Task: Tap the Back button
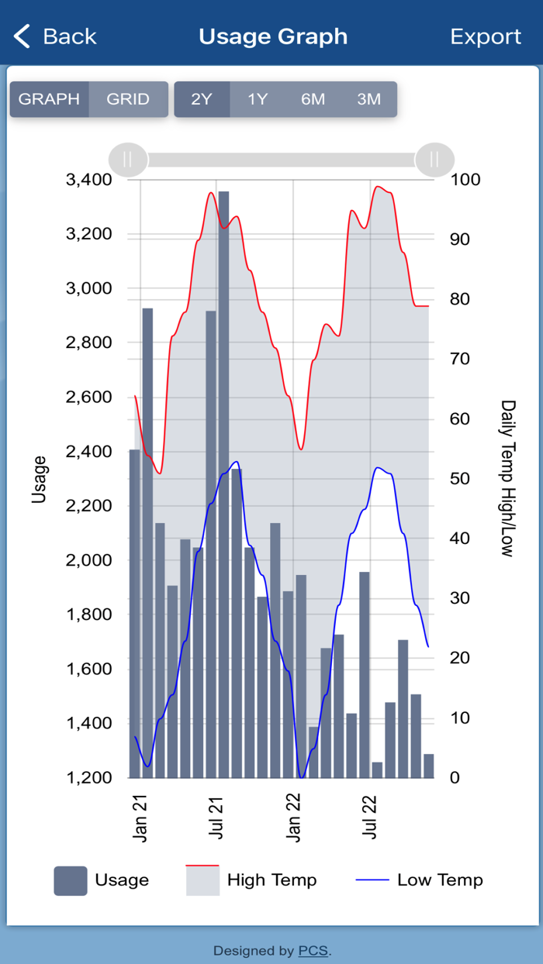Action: [x=54, y=36]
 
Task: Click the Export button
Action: [x=486, y=36]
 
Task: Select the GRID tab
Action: [x=128, y=99]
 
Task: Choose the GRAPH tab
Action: [x=49, y=99]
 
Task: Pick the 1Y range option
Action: [x=258, y=99]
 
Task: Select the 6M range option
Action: [x=313, y=99]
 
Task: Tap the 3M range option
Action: [x=369, y=99]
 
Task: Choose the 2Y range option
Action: [x=202, y=99]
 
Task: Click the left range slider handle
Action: [x=127, y=160]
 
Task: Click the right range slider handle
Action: [x=434, y=160]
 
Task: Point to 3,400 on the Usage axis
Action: [x=89, y=180]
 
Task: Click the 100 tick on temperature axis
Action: [x=465, y=180]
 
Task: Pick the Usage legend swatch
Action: [x=71, y=881]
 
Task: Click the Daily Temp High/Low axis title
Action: [x=507, y=478]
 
